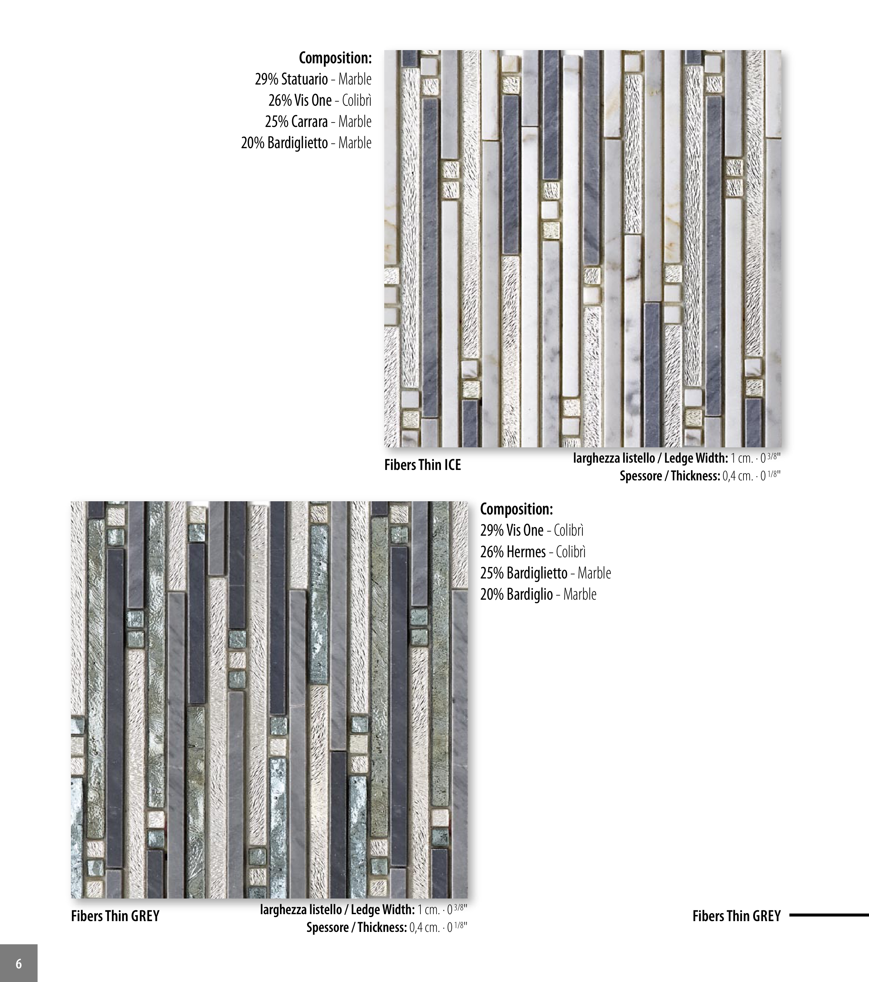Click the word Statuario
305,79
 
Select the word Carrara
309,121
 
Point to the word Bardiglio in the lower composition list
530,595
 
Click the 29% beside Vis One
492,530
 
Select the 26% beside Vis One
280,101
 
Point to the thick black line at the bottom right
829,915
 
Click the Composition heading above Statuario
335,58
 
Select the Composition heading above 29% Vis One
517,509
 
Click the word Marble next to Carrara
355,121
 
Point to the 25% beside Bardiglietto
492,573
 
